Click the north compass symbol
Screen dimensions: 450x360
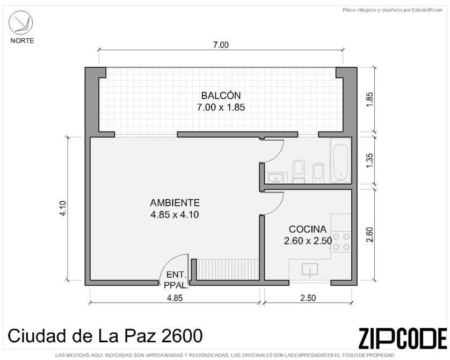[20, 23]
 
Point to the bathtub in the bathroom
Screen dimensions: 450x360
[340, 161]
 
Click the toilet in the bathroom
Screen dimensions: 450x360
[299, 172]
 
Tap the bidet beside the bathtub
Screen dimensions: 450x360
[318, 173]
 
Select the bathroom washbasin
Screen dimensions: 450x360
[276, 178]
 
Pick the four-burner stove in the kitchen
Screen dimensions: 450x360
[341, 242]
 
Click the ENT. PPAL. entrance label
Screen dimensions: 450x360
[176, 280]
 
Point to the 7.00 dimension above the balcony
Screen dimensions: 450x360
[221, 45]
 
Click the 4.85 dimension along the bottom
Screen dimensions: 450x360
[175, 298]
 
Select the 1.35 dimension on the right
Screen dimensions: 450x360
[370, 161]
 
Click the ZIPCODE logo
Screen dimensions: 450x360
[403, 338]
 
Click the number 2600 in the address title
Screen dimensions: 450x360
[182, 336]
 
